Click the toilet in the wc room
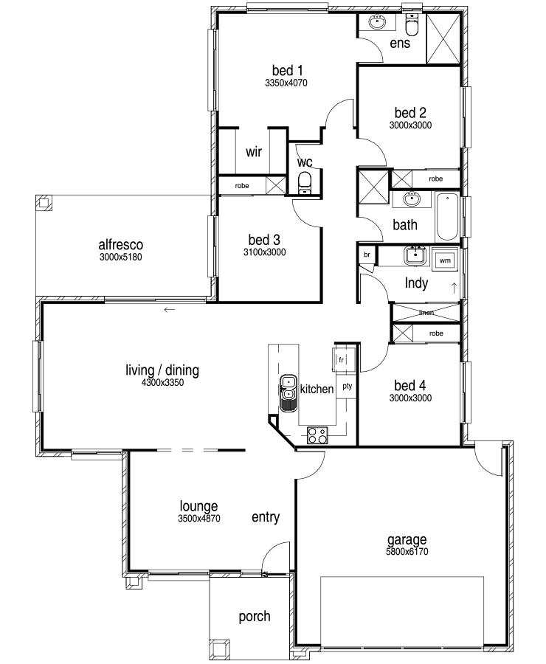coord(305,183)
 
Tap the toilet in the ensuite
coord(411,24)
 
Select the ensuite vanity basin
coord(376,22)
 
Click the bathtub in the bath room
coord(447,217)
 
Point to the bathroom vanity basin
coord(411,198)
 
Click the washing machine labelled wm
coord(445,260)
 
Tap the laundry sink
coord(416,256)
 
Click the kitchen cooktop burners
coord(317,435)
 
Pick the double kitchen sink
coord(288,392)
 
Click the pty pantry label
coord(348,386)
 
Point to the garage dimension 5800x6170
coord(407,551)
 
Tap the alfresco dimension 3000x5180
coord(121,257)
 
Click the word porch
coord(254,616)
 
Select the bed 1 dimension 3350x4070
coord(286,83)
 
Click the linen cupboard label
coord(426,313)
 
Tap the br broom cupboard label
coord(367,255)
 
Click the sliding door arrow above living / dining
coord(170,310)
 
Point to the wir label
coord(254,151)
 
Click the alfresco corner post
coord(44,202)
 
